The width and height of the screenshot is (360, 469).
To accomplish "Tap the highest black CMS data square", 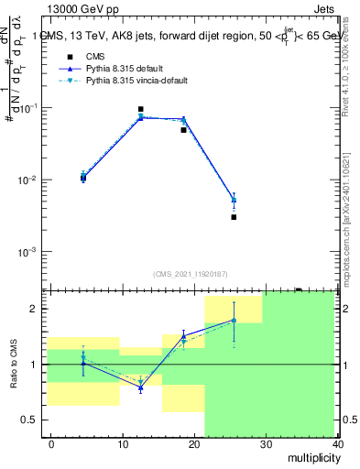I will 140,109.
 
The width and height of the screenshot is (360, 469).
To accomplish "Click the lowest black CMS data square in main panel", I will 234,217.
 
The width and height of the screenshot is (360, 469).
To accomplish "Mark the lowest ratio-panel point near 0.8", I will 140,388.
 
